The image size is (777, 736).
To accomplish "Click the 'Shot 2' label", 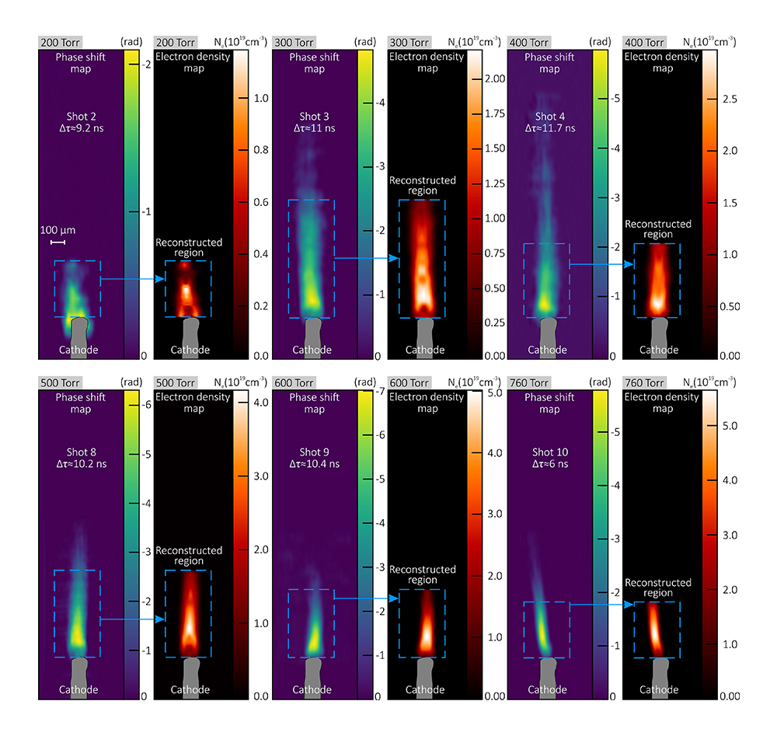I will coord(81,116).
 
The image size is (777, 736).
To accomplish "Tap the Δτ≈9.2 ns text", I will coord(81,127).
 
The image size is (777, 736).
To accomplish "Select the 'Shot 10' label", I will coord(549,452).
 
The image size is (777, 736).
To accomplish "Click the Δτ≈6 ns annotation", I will coord(549,464).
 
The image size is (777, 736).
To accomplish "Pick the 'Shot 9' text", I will coord(315,452).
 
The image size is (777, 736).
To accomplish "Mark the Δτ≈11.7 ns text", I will coord(549,127).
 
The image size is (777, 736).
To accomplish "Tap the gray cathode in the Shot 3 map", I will coord(313,337).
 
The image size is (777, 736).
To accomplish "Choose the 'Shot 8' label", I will coord(81,452).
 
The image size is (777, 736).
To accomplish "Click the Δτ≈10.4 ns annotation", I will coord(315,464).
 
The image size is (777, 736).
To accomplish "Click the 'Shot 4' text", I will coord(549,116).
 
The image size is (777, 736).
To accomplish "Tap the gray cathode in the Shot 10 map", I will coord(549,674).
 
